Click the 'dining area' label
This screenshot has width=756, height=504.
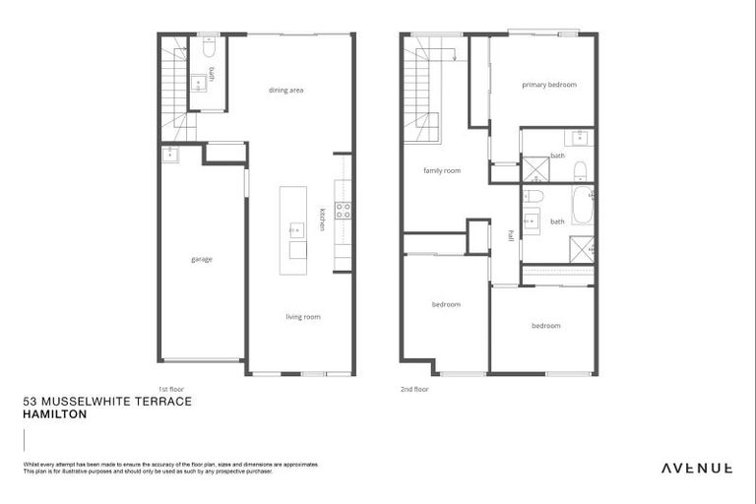[285, 91]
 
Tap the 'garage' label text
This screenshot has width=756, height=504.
[202, 259]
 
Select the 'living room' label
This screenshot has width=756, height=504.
[302, 317]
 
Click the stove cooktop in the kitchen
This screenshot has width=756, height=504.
[344, 210]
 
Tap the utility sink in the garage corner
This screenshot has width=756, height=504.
[171, 153]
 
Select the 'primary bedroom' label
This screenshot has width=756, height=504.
[548, 85]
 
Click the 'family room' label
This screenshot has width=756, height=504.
[442, 170]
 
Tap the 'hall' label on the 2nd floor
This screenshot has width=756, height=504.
[511, 235]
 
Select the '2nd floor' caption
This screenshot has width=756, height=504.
[414, 389]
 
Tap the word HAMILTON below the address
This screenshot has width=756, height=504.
[54, 414]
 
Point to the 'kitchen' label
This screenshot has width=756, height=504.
[322, 220]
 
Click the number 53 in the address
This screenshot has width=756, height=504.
[29, 402]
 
